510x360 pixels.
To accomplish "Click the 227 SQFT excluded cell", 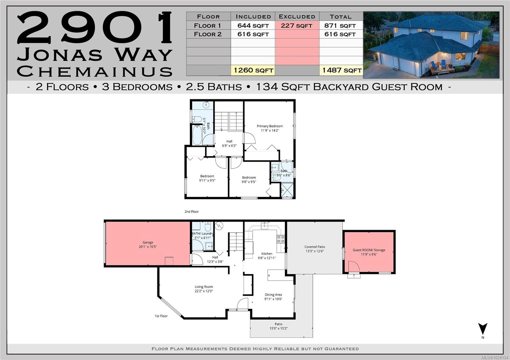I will (x=297, y=25).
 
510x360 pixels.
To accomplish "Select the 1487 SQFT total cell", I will (x=341, y=70).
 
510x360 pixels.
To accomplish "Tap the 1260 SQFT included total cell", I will (x=253, y=70).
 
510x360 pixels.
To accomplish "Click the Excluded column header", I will (x=297, y=17).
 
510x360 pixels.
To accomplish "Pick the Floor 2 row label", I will (x=208, y=34).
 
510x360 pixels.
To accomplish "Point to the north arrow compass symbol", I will (x=483, y=329).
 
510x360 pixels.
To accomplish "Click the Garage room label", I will (x=148, y=242).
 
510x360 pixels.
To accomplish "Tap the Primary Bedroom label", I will (x=270, y=126).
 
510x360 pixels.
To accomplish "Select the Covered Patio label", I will (x=315, y=247).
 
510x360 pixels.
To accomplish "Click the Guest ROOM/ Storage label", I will (x=369, y=250).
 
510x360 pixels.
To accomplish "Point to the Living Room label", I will (x=204, y=287).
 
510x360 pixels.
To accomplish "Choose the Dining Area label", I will (x=273, y=295).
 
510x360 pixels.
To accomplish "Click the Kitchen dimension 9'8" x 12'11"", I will (x=267, y=258).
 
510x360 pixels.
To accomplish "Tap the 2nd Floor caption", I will (x=192, y=212).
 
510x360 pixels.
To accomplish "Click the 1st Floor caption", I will (x=161, y=316).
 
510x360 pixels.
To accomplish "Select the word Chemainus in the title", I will (x=95, y=71).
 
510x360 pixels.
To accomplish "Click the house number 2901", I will (x=95, y=28).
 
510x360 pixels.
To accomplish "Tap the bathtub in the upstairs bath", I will (x=197, y=135).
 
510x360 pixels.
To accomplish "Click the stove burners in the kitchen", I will (x=281, y=239).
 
